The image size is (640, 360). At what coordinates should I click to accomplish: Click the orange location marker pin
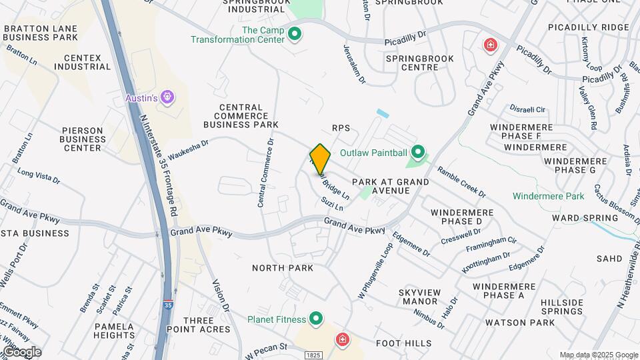point(320,159)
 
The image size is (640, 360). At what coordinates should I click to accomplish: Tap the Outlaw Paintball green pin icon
point(418,153)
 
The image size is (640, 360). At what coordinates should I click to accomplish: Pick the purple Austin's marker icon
point(167,98)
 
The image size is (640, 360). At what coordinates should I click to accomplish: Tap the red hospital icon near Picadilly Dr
point(491,45)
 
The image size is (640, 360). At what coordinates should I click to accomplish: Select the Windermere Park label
point(548,196)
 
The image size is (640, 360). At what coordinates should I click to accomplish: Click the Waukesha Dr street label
point(188,146)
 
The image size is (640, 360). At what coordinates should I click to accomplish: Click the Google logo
point(21,351)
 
